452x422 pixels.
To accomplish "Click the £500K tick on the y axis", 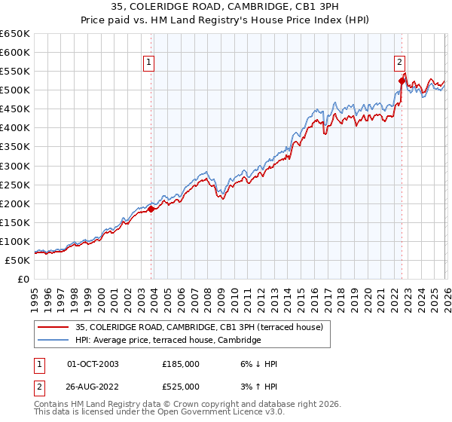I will (x=14, y=90).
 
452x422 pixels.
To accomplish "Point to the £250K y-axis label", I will (x=14, y=185).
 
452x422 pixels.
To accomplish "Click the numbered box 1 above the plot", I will (x=150, y=63).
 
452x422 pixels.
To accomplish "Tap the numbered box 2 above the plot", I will (x=400, y=63).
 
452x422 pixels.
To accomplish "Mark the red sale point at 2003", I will (x=151, y=209).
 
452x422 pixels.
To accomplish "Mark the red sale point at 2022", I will (x=401, y=81).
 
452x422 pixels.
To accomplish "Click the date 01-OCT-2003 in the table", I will (x=93, y=364).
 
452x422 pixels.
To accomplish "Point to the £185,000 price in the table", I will (x=181, y=364).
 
